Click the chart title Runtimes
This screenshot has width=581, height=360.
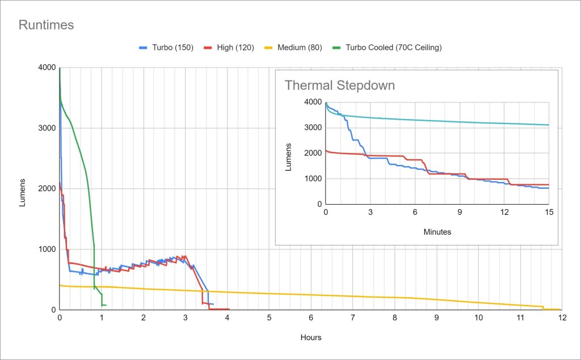(46, 25)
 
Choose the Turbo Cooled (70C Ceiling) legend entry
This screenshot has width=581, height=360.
(386, 48)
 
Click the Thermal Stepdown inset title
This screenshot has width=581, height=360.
(339, 86)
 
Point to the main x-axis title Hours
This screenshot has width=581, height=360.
(311, 337)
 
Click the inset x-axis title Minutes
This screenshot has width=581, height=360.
(437, 231)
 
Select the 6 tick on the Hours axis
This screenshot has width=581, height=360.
(311, 318)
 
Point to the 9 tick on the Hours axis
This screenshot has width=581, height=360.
(437, 318)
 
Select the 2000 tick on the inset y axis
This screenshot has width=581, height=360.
(314, 153)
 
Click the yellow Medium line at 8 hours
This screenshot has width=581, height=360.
(395, 297)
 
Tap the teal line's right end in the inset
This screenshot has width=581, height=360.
(549, 125)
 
